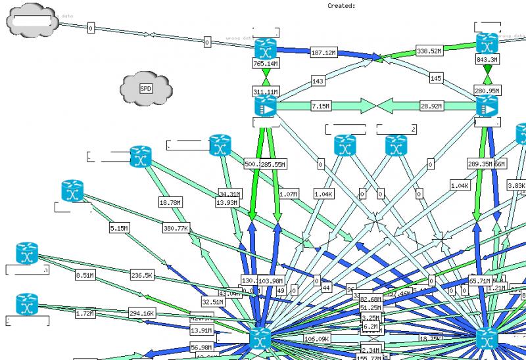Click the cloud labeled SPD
click(146, 89)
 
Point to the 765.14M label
click(266, 64)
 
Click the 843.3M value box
click(487, 60)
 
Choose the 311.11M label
click(266, 92)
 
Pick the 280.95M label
click(487, 91)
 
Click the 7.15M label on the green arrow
click(320, 106)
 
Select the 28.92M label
click(431, 106)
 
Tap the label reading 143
click(318, 81)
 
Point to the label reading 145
click(436, 79)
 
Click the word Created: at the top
click(341, 5)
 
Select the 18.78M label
click(170, 203)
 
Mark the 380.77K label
click(176, 229)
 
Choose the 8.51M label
click(85, 275)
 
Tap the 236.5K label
click(142, 275)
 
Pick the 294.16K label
click(142, 313)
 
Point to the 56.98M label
click(201, 348)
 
